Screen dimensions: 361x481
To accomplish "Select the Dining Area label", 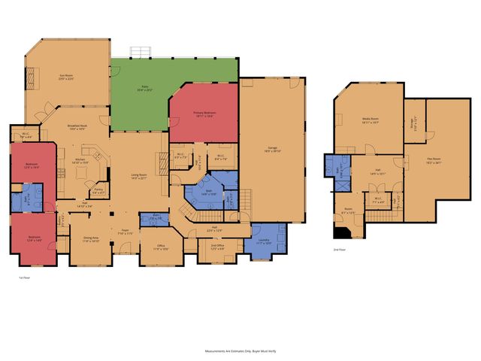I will (91, 241).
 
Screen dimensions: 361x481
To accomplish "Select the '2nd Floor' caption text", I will (340, 250).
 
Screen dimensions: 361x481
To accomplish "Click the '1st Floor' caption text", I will (23, 278).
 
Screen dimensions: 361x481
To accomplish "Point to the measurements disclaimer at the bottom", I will (240, 350).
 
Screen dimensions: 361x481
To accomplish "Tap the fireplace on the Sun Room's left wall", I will (31, 78).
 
